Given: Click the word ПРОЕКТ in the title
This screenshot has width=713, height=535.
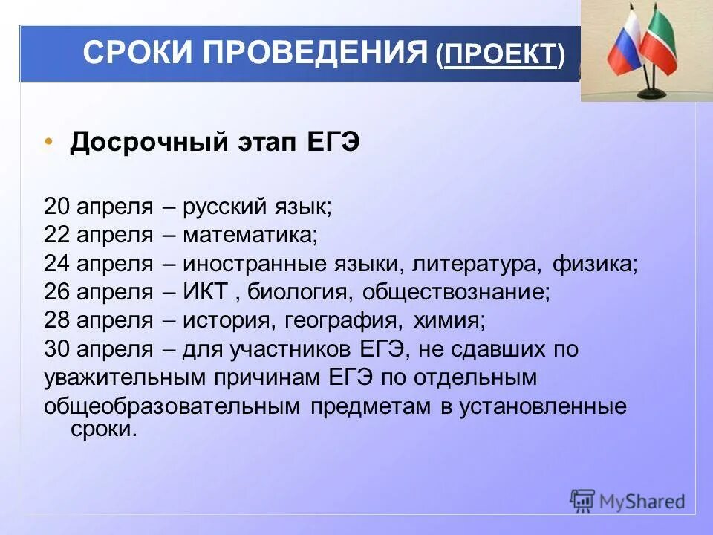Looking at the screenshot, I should point(501,54).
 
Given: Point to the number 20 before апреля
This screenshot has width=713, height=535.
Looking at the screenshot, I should point(56,207).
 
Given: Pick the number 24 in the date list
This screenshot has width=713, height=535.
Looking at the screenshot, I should point(56,264).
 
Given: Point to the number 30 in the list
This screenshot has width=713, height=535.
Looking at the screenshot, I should point(56,349).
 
